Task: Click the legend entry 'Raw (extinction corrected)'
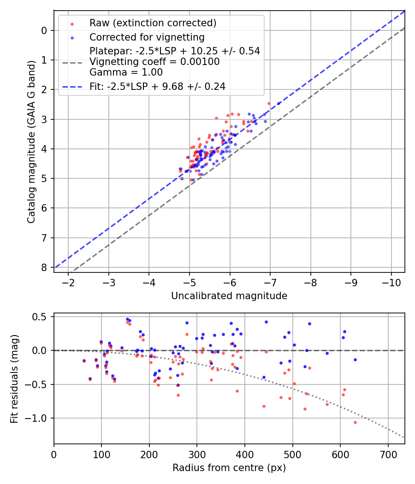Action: click(x=152, y=23)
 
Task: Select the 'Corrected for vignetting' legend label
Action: click(x=147, y=37)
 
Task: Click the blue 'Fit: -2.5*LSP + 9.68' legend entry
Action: click(x=157, y=86)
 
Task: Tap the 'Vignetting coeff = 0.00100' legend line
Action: click(x=154, y=62)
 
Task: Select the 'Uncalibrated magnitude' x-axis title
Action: click(x=229, y=296)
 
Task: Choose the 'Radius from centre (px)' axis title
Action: click(x=229, y=468)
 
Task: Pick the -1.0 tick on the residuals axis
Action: click(x=39, y=418)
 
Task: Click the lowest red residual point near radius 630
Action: click(x=355, y=422)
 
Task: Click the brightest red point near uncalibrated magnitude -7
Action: click(x=269, y=103)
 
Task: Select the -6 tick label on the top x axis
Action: click(x=230, y=282)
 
